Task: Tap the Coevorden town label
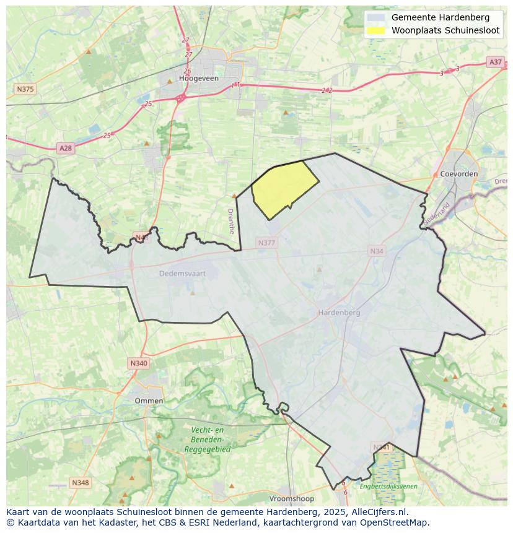click(458, 174)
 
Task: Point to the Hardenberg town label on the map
click(339, 313)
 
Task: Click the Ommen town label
click(149, 401)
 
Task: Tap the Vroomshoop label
click(291, 498)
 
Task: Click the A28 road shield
click(65, 148)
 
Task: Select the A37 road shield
click(495, 62)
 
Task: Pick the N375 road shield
click(25, 89)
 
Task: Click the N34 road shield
click(377, 251)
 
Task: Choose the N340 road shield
click(139, 363)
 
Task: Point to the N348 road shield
click(80, 482)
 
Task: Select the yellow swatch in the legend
click(375, 30)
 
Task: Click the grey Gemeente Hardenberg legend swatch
click(375, 17)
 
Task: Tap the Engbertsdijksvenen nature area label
click(388, 486)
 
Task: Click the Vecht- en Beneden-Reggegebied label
click(207, 440)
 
